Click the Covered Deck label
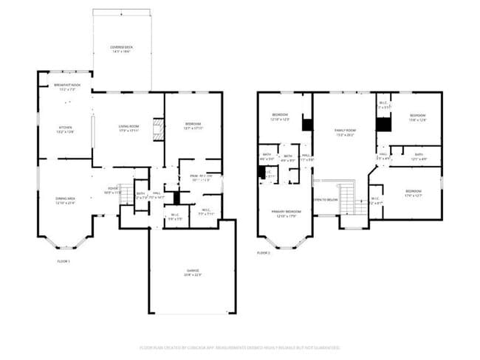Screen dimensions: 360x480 point(122,49)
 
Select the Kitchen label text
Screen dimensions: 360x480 point(66,129)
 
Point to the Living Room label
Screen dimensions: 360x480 point(129,129)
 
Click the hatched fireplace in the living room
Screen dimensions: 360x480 point(157,131)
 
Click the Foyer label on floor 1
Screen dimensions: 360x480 point(114,190)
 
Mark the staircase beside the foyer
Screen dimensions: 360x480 point(126,195)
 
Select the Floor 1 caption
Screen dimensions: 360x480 point(64,261)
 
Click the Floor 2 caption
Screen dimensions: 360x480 point(264,253)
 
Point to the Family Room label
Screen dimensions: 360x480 point(345,132)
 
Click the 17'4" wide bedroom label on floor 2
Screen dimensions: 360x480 point(412,195)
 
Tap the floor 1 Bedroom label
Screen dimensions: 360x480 point(193,125)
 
